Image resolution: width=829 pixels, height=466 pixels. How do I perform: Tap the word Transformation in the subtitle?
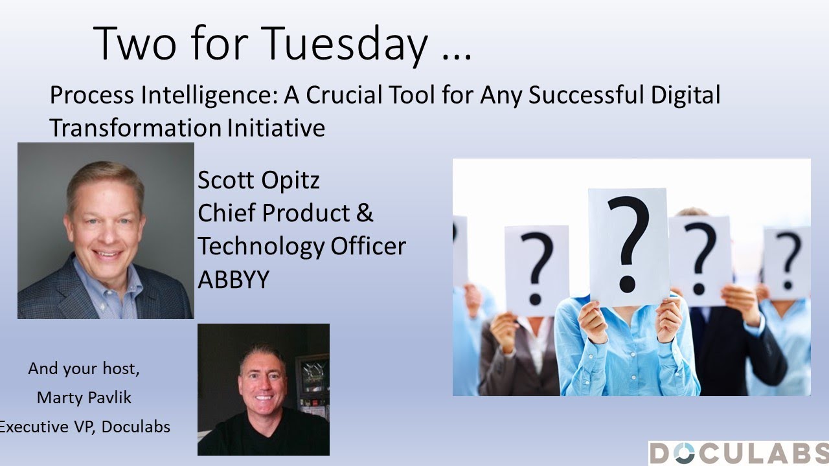tap(135, 128)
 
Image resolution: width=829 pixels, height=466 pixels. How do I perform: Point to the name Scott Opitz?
tap(258, 180)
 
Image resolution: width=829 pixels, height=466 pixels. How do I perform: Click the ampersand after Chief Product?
tap(365, 213)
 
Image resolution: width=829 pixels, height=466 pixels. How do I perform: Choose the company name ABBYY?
tap(233, 280)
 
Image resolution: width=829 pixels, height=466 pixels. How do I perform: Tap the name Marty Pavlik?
tap(84, 397)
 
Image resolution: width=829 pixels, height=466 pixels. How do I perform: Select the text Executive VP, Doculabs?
tap(84, 427)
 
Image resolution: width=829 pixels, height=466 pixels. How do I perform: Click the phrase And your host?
tap(84, 369)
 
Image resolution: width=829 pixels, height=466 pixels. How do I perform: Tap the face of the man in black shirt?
tap(263, 379)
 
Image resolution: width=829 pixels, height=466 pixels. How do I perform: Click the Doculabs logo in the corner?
tap(739, 453)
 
